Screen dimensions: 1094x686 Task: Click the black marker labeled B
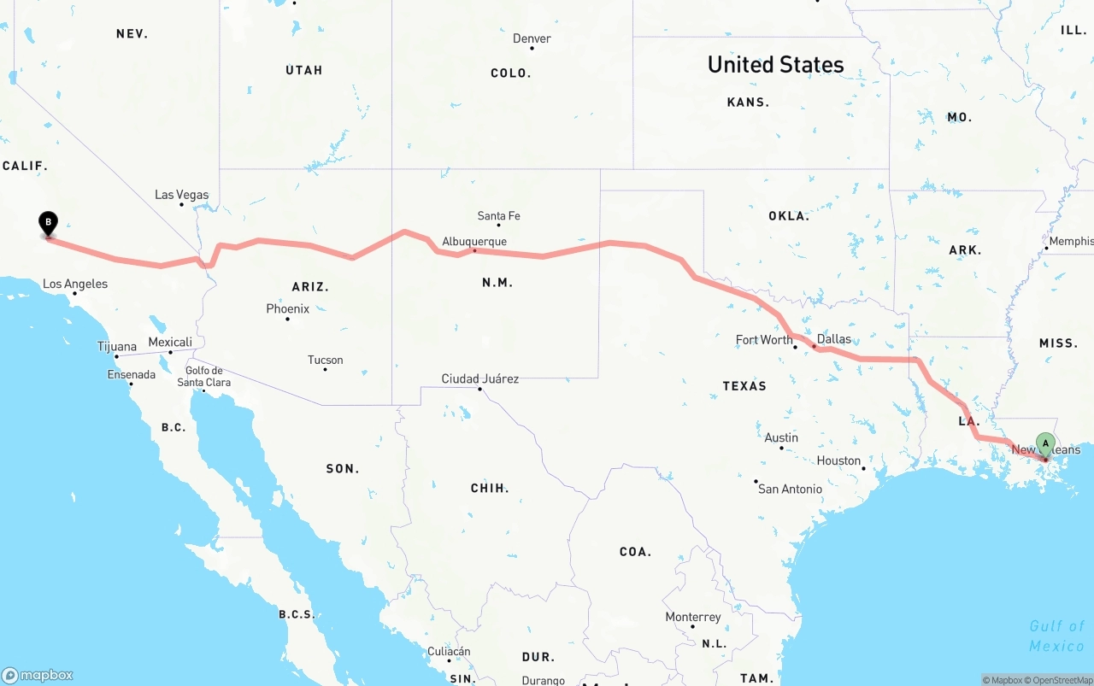pos(49,224)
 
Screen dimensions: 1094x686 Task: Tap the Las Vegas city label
pos(181,195)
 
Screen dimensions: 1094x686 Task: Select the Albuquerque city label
pos(474,242)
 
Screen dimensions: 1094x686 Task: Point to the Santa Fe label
pos(498,216)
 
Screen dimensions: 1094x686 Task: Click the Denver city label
pos(532,38)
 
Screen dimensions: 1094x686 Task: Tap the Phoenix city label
pos(287,308)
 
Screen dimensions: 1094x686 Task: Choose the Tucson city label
pos(325,360)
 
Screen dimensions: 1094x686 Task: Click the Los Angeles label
pos(75,284)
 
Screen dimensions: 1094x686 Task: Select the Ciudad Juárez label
pos(479,378)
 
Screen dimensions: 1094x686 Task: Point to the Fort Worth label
pos(764,340)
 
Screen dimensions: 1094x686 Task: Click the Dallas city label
pos(833,339)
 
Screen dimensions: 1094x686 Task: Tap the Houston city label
pos(838,460)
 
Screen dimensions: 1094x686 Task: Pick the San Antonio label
pos(790,489)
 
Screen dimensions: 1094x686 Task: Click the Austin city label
pos(781,437)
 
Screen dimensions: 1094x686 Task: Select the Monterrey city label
pos(692,617)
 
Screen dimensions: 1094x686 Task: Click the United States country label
pos(775,65)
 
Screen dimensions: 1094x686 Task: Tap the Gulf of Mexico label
pos(1056,636)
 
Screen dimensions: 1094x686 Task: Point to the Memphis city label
pos(1070,242)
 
